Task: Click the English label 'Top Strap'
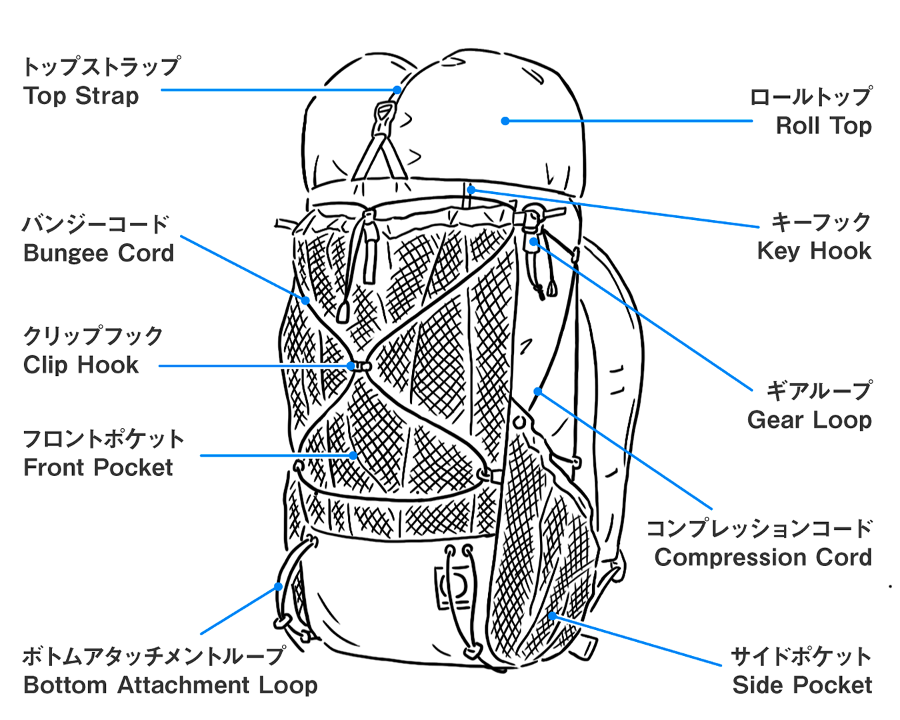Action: tap(81, 97)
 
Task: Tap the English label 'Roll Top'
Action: tap(823, 125)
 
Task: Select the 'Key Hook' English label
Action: tap(814, 251)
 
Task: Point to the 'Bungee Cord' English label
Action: tap(98, 253)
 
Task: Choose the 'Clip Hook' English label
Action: tap(81, 365)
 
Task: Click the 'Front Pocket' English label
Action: tap(98, 467)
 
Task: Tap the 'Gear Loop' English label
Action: tap(809, 420)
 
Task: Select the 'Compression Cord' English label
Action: tap(763, 558)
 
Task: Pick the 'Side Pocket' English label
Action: tap(802, 685)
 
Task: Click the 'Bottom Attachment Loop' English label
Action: tap(170, 685)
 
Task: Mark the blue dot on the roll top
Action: tap(505, 121)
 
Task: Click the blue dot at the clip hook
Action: tap(351, 366)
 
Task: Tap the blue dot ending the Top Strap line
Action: tap(397, 90)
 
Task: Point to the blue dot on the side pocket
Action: tap(552, 616)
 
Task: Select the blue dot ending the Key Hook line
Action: tap(471, 190)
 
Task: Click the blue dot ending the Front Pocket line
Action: tap(353, 455)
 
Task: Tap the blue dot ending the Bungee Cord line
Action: tap(305, 301)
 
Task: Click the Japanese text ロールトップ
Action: tap(811, 97)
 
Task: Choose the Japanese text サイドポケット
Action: tap(801, 657)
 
